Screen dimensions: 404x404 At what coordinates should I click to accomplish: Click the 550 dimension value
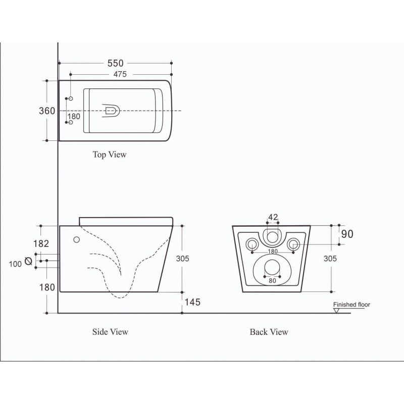tap(116, 63)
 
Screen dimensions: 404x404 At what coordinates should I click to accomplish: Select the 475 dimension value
tap(120, 74)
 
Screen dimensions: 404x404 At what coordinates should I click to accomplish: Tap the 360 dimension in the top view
tap(47, 111)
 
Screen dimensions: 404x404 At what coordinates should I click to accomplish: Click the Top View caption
tap(110, 155)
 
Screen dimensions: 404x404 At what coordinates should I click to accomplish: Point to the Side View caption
tap(110, 332)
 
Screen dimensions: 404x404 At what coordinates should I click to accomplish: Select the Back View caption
tap(269, 332)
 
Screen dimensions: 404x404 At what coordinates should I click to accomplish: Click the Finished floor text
tap(351, 305)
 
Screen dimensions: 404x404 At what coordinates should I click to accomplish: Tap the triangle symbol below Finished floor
tap(336, 311)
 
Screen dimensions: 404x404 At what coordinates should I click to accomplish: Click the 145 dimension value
tap(192, 302)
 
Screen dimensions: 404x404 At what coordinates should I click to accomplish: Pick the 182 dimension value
tap(41, 243)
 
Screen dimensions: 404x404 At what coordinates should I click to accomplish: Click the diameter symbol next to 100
tap(28, 261)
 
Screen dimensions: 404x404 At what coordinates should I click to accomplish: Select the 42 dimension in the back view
tap(273, 217)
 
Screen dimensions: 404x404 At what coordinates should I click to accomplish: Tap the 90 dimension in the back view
tap(347, 234)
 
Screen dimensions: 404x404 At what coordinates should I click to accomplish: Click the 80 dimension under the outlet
tap(272, 281)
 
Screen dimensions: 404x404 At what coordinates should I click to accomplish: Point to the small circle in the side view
tap(77, 239)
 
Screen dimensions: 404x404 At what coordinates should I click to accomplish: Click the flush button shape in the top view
tap(111, 111)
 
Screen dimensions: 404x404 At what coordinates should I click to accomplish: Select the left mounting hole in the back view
tap(252, 244)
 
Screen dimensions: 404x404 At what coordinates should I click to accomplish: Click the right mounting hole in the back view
tap(293, 244)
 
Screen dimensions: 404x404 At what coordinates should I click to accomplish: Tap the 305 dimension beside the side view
tap(183, 259)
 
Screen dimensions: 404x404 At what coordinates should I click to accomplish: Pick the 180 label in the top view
tap(74, 117)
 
